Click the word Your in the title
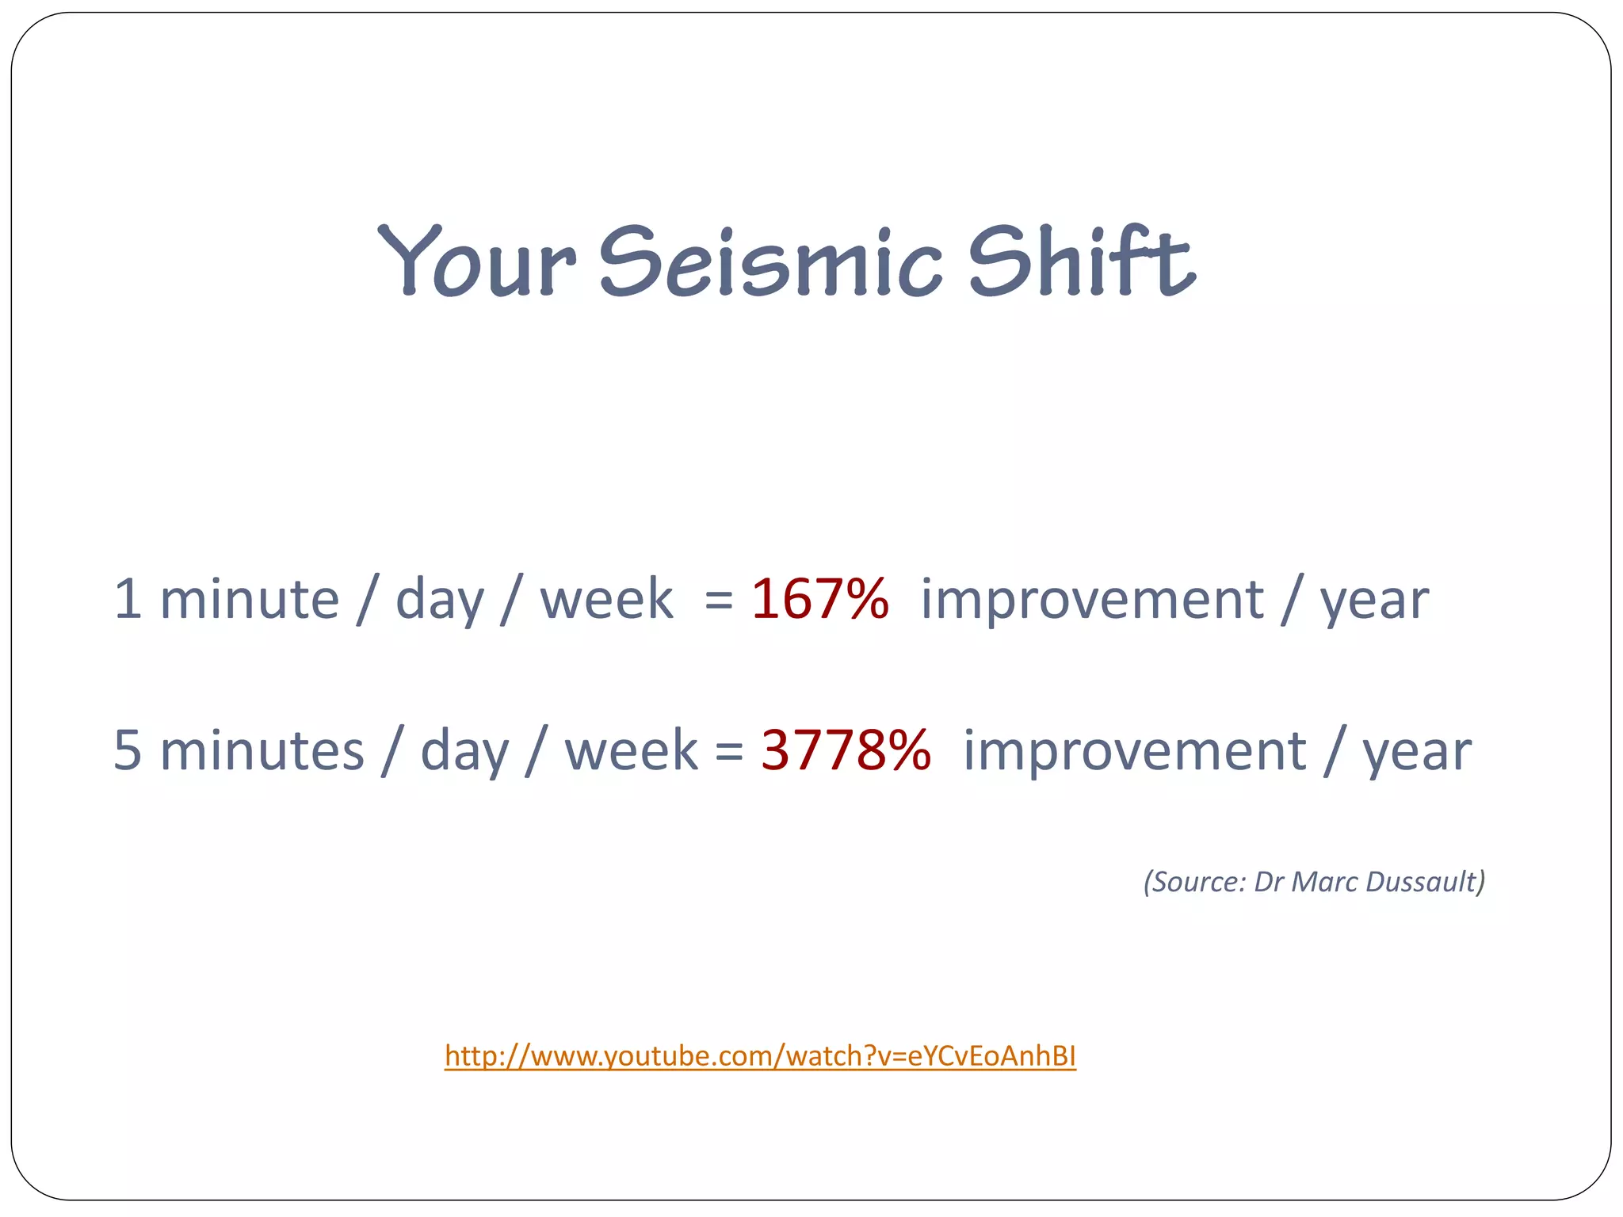(475, 261)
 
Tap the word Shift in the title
(1081, 261)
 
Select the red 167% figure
(819, 599)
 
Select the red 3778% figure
(846, 750)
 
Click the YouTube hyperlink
(760, 1056)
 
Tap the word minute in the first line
(250, 599)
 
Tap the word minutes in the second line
(262, 750)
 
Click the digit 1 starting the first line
(128, 599)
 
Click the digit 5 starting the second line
(128, 750)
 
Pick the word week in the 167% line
(606, 599)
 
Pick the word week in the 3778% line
(631, 750)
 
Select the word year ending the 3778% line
(1416, 753)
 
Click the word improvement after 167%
(1091, 599)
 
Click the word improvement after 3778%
(1134, 750)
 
